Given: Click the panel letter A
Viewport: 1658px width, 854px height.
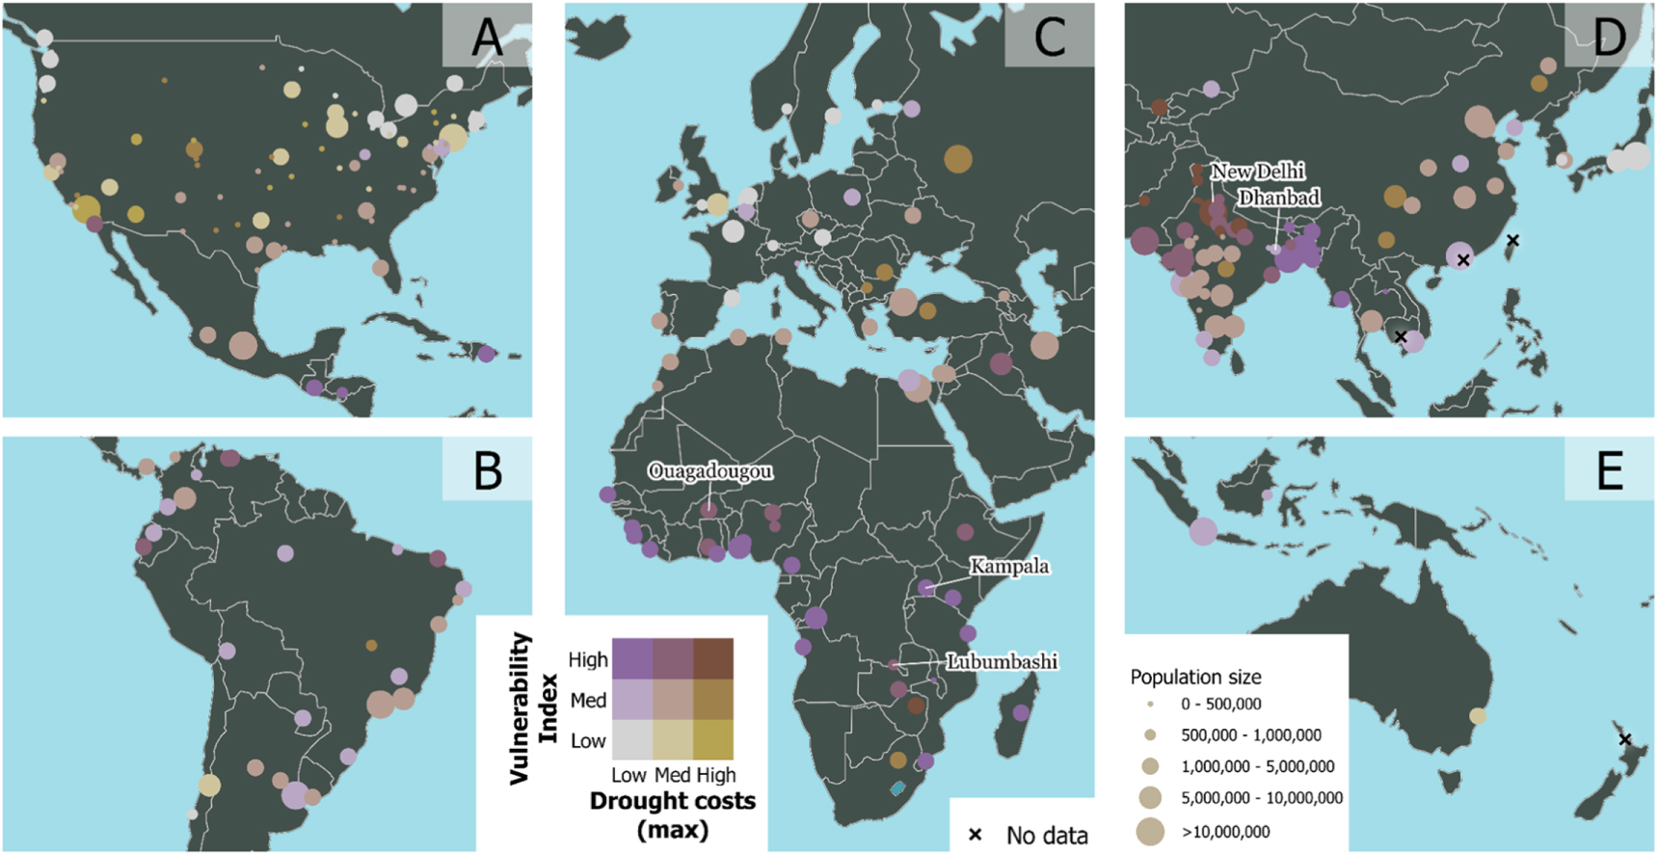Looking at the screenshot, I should pyautogui.click(x=487, y=37).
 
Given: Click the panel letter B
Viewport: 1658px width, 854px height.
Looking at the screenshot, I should pyautogui.click(x=488, y=470).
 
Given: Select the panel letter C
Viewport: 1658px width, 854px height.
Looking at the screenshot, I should pyautogui.click(x=1050, y=37).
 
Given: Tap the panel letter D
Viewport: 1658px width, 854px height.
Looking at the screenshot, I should pyautogui.click(x=1609, y=37).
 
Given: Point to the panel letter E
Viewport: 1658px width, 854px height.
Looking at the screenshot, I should pyautogui.click(x=1609, y=470).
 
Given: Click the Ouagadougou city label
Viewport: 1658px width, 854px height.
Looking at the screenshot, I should pyautogui.click(x=709, y=471).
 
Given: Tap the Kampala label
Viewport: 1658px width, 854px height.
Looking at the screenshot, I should pyautogui.click(x=1008, y=566).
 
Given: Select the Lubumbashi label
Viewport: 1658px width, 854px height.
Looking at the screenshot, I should pyautogui.click(x=1002, y=661).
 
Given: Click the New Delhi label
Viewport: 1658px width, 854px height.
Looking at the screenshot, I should pyautogui.click(x=1257, y=172).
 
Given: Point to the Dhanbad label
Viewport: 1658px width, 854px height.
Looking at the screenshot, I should pyautogui.click(x=1278, y=198).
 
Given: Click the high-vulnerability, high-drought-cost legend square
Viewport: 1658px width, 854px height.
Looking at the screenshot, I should pyautogui.click(x=713, y=658).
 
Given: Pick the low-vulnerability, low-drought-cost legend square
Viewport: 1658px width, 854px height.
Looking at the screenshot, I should pyautogui.click(x=631, y=740).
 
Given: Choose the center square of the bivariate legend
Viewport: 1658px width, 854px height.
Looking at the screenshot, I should pyautogui.click(x=672, y=700).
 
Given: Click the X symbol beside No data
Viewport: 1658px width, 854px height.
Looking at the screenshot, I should pyautogui.click(x=975, y=835).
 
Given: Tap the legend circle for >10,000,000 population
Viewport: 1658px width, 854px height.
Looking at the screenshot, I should pyautogui.click(x=1150, y=831).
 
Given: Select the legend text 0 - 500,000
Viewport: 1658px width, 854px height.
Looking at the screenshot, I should pyautogui.click(x=1220, y=705).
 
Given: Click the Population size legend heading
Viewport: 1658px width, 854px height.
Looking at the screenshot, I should pyautogui.click(x=1195, y=677).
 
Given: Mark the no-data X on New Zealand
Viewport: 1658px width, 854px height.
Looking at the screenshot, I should pyautogui.click(x=1624, y=739).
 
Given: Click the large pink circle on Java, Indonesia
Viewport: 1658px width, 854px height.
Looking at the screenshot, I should pyautogui.click(x=1203, y=531).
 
